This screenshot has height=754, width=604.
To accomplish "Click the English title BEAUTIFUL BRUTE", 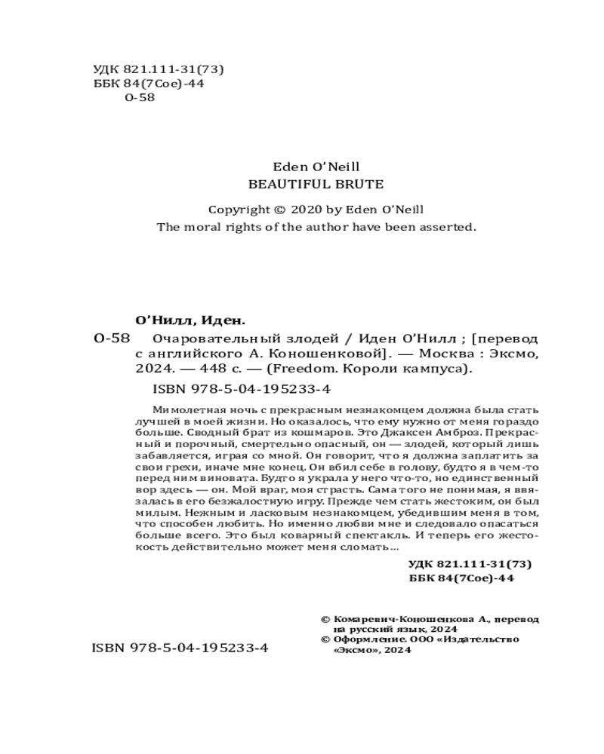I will click(x=316, y=183).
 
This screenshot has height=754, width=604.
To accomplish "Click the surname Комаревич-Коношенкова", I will click(x=414, y=618).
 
